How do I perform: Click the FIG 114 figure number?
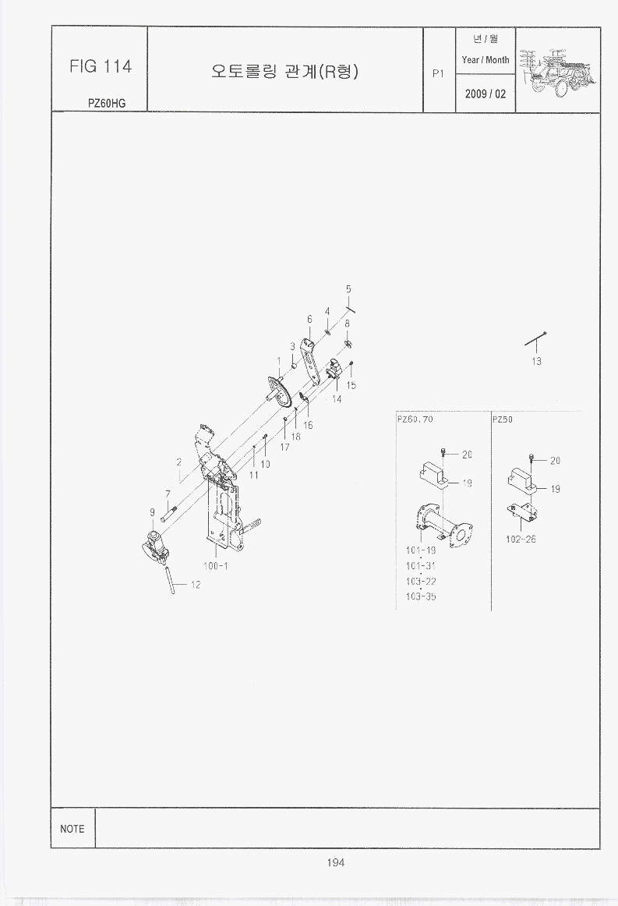101,66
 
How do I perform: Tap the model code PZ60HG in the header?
106,104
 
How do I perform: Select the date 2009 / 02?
486,94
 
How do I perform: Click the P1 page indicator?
439,73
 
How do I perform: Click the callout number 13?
537,361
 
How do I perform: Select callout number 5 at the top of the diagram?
348,289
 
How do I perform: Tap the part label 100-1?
215,566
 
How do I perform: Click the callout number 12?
195,585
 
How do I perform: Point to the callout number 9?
153,512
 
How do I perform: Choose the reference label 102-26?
521,539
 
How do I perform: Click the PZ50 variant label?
503,419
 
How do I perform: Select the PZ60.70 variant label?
415,419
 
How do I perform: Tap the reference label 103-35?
421,596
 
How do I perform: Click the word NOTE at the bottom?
72,829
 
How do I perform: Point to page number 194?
336,862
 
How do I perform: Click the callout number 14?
337,398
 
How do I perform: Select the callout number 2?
179,462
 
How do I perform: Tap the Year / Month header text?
486,59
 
